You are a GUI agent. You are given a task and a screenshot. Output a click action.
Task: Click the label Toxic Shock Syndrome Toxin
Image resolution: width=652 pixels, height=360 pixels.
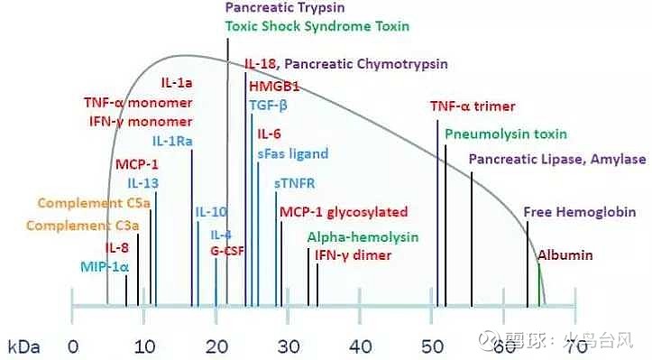317,26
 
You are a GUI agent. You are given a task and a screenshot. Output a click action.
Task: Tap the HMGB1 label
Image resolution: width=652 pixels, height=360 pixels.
271,87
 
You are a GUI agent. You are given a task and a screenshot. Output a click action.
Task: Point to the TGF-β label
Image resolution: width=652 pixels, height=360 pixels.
269,105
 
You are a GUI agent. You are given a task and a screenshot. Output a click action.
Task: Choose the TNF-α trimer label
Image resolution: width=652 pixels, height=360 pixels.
473,106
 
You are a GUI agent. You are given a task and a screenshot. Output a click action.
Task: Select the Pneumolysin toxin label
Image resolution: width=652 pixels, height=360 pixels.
505,134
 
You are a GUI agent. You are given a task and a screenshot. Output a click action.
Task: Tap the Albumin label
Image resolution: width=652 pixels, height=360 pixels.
565,255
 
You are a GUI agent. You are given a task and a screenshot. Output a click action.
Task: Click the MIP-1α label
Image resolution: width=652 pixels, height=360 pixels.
105,266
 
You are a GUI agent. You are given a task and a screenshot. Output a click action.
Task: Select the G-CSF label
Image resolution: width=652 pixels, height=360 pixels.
228,249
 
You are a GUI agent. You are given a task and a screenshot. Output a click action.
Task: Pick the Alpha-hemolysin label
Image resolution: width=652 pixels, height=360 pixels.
363,237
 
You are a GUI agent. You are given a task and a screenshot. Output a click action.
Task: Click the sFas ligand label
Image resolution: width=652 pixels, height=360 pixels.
292,153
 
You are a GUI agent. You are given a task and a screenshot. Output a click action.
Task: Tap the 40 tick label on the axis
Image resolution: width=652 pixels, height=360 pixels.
360,346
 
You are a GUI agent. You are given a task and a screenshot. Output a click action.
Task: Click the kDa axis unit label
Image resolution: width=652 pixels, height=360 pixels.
23,346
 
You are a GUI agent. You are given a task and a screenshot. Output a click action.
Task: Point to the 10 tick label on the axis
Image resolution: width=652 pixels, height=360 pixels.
143,346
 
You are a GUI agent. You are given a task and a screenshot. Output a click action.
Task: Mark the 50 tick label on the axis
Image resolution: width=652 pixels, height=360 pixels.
431,346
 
